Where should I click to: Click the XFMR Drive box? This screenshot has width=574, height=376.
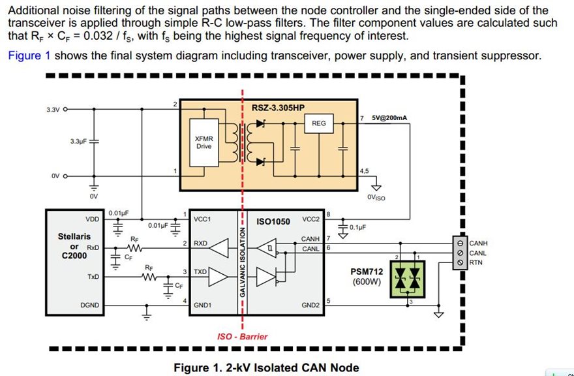pos(204,142)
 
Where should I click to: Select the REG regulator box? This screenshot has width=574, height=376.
pos(319,123)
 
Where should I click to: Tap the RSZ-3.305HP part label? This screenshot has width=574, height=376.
pos(279,108)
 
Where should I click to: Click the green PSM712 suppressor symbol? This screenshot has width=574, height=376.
pos(408,279)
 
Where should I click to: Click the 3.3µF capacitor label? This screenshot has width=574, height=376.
pos(78,141)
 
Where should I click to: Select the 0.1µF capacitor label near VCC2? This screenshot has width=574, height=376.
pos(357,227)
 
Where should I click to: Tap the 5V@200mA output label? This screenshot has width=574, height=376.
pos(389,118)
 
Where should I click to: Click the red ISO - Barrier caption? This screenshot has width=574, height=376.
pos(243,336)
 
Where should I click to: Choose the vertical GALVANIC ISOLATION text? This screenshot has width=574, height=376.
pos(242,262)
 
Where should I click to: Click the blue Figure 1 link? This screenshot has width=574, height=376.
pos(29,55)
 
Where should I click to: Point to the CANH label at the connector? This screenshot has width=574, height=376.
pos(479,243)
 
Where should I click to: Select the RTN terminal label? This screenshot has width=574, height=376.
pos(476,262)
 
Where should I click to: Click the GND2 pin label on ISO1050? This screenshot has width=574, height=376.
pos(310,305)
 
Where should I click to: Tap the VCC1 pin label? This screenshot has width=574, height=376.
pos(201,219)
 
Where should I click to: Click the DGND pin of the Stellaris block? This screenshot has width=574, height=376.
pos(90,305)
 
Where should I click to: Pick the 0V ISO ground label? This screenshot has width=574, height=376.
pos(376,198)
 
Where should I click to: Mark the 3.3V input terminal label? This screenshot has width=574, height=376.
pos(53,110)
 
